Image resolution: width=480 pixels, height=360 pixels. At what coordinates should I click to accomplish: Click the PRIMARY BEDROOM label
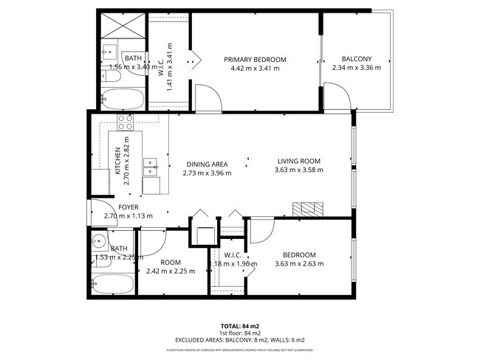pos(255,60)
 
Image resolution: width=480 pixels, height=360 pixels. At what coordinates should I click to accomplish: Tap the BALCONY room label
pos(356,59)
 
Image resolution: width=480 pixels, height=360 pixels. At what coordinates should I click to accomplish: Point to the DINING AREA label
pos(207,165)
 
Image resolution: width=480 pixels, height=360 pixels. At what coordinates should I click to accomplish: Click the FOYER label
pos(128,208)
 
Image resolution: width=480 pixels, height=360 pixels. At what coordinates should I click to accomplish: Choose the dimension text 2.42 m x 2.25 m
pos(171,271)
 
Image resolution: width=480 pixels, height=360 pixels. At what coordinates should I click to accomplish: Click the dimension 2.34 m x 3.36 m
pos(356,68)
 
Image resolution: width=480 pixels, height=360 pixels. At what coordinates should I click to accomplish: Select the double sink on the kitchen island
pos(150,167)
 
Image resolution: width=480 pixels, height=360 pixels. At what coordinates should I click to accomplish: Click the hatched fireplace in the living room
pos(307,208)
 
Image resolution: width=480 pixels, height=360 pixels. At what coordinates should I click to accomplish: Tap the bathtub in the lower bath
pos(114,285)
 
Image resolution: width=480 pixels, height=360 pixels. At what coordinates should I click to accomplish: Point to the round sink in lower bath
pos(98,240)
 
